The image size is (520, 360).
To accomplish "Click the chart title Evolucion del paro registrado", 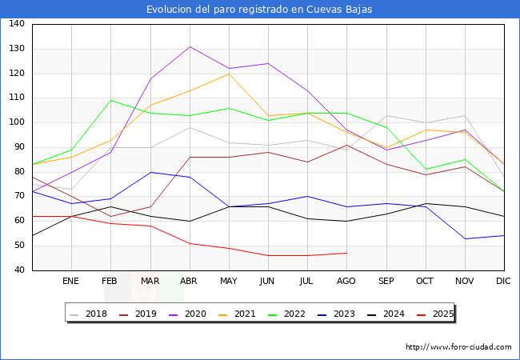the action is pos(259,9).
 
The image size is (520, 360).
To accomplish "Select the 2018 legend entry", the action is pos(89,314).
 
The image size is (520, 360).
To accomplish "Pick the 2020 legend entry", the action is pos(188,314).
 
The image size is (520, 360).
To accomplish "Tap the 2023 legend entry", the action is pos(337,314).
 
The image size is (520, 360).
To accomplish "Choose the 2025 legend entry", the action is pos(435,314).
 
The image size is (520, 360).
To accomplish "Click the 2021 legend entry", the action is pos(237,314).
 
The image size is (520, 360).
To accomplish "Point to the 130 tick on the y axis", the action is pos(17,48).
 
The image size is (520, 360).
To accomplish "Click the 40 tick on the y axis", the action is pos(19,270).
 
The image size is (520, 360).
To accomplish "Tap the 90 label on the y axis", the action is pos(19,147).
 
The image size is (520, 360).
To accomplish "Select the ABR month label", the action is pos(188,281).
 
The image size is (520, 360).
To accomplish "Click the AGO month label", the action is pos(346,281).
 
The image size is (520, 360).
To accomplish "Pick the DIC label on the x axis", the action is pos(503,281).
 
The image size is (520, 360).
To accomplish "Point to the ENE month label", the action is pos(70,281).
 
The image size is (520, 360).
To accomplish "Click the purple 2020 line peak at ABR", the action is pos(190,46).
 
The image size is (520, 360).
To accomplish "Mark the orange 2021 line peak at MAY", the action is pos(229,74).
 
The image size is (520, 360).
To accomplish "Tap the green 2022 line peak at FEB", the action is pos(110,101).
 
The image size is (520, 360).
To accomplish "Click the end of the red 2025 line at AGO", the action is pos(347,253).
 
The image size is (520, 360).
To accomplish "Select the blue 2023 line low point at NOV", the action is pos(466,238).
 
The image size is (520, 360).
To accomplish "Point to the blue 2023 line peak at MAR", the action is pos(151,172).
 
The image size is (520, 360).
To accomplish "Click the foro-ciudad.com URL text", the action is pos(458,347).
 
